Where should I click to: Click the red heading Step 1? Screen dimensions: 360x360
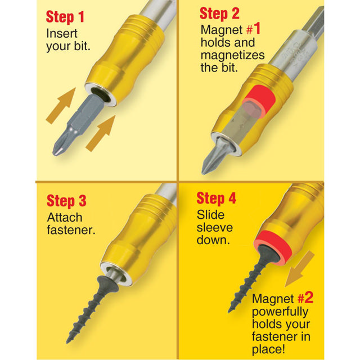pos(66,16)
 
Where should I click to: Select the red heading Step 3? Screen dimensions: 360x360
pos(67,201)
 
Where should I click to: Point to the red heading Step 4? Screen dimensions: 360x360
pos(217,199)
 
